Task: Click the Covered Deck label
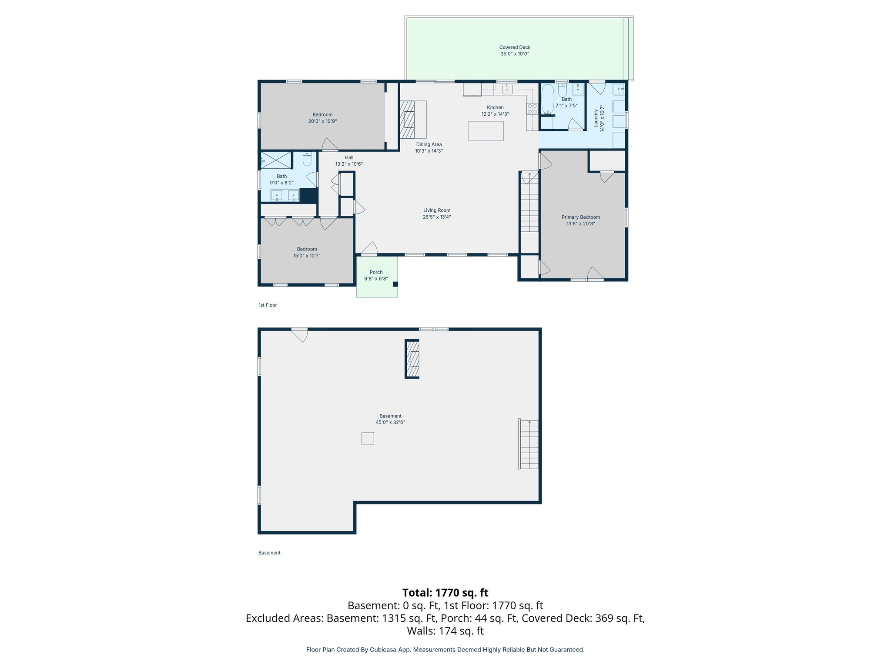(515, 47)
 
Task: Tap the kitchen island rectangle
(486, 131)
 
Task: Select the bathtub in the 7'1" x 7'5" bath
(547, 100)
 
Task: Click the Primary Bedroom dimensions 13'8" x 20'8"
(581, 224)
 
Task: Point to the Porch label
(376, 272)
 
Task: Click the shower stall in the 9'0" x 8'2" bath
(276, 160)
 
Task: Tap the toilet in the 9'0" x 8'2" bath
(307, 159)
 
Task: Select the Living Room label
(437, 210)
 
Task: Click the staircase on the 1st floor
(529, 202)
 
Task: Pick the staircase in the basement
(529, 444)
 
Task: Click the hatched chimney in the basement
(412, 359)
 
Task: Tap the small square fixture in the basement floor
(368, 438)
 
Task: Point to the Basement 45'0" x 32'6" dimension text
(391, 422)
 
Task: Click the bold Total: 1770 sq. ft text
(445, 593)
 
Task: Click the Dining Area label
(429, 144)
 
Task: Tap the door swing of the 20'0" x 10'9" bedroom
(330, 145)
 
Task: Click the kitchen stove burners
(533, 109)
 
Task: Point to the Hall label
(349, 158)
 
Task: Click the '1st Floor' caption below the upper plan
(268, 305)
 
